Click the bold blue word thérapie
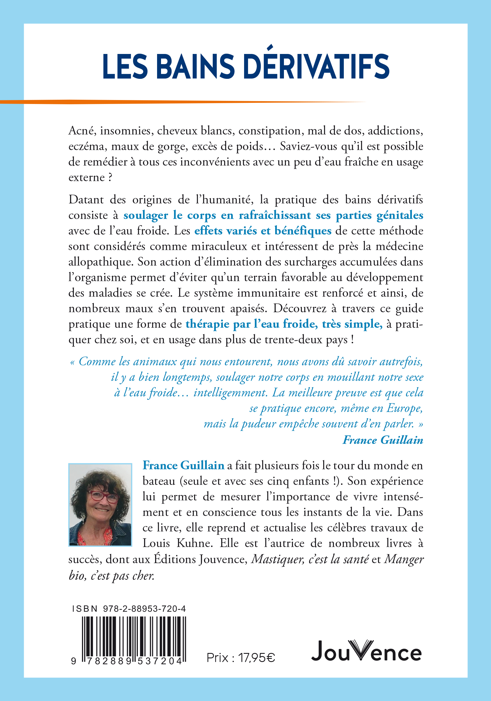pyautogui.click(x=207, y=324)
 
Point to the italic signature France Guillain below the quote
pyautogui.click(x=383, y=440)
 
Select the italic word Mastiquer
pyautogui.click(x=277, y=559)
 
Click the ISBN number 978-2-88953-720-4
pyautogui.click(x=144, y=609)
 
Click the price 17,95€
pyautogui.click(x=257, y=657)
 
